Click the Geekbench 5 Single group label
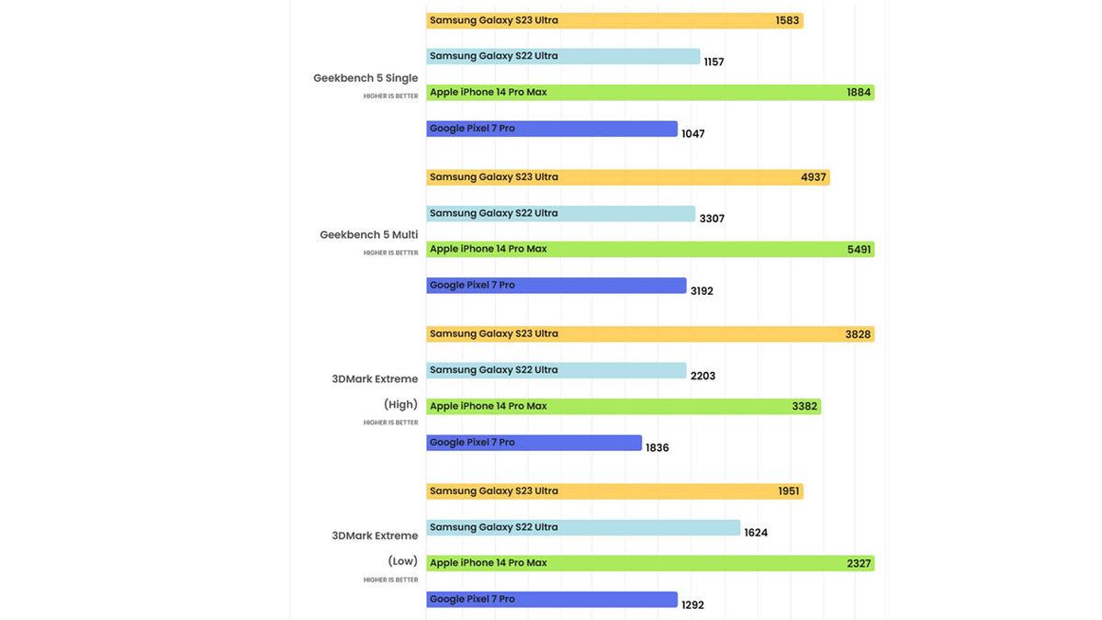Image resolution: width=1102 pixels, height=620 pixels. (365, 78)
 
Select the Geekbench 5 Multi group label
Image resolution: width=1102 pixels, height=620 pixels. (368, 235)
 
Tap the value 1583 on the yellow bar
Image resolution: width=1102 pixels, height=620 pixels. (787, 20)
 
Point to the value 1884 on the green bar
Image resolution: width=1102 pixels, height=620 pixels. (859, 93)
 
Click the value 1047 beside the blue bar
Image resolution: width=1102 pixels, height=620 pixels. (693, 134)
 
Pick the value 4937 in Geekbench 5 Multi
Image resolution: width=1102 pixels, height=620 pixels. (813, 177)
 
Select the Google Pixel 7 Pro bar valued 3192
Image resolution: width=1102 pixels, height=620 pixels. (557, 286)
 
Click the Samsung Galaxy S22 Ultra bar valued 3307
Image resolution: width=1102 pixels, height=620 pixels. (560, 214)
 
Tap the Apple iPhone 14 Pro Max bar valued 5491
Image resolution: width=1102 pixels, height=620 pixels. (650, 250)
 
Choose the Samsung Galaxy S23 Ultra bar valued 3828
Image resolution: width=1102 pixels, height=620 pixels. (650, 334)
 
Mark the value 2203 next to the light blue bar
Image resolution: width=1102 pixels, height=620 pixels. (703, 377)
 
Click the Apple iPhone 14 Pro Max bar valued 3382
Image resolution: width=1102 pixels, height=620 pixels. (624, 407)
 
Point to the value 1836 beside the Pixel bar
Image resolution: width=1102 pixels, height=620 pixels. (658, 448)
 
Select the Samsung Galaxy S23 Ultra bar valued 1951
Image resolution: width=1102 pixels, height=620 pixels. (614, 491)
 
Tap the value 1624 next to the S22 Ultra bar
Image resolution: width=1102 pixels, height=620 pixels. (756, 533)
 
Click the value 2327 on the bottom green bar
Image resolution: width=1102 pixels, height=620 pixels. (859, 564)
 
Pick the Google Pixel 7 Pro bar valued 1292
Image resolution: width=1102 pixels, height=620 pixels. (552, 600)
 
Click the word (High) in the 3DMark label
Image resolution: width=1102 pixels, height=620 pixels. (400, 405)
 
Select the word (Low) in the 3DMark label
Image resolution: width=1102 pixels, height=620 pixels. (402, 561)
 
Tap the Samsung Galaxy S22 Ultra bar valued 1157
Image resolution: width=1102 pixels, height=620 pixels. (563, 57)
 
